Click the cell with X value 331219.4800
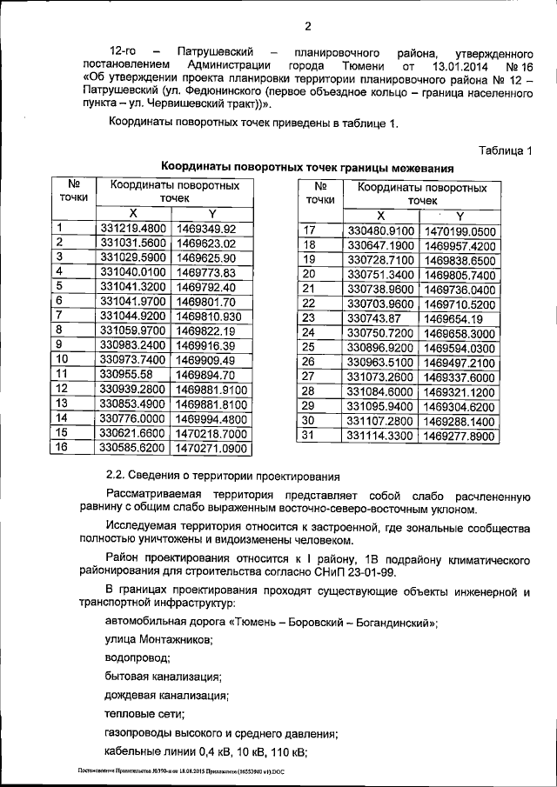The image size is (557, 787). [x=133, y=229]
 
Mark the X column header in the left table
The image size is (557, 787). [x=132, y=213]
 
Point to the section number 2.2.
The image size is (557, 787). [x=114, y=475]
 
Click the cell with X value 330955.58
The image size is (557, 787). [x=127, y=373]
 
